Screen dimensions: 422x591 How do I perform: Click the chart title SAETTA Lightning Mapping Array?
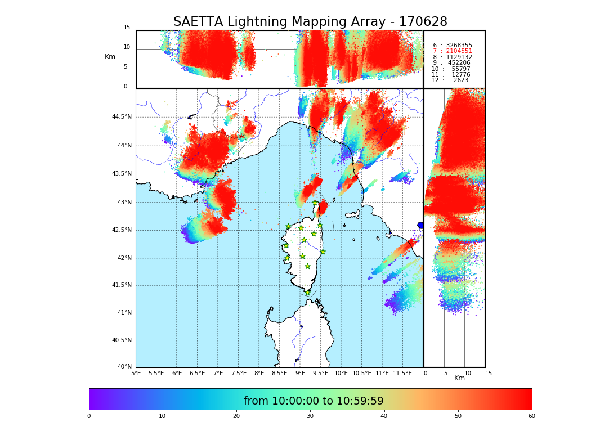point(310,22)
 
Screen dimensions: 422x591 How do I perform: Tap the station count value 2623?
point(460,80)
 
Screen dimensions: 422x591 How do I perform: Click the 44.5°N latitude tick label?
point(122,117)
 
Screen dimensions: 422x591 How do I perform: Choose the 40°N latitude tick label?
point(124,367)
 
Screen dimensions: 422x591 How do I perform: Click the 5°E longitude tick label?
point(136,373)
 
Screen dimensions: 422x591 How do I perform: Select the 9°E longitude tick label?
point(300,373)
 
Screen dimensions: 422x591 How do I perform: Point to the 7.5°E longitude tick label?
point(239,373)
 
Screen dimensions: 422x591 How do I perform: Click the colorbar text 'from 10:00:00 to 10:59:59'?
point(314,401)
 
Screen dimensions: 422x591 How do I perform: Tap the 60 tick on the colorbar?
point(531,416)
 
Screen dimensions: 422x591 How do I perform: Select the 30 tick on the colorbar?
point(310,416)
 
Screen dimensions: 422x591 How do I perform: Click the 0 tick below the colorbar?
point(89,416)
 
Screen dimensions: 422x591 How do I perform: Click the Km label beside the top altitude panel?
point(110,57)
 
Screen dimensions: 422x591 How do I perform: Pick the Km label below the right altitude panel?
point(459,378)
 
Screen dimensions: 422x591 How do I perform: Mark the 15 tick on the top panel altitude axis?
point(127,28)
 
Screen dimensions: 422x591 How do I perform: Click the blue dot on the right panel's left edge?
point(420,225)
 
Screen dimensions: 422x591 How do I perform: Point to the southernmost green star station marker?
point(307,293)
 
